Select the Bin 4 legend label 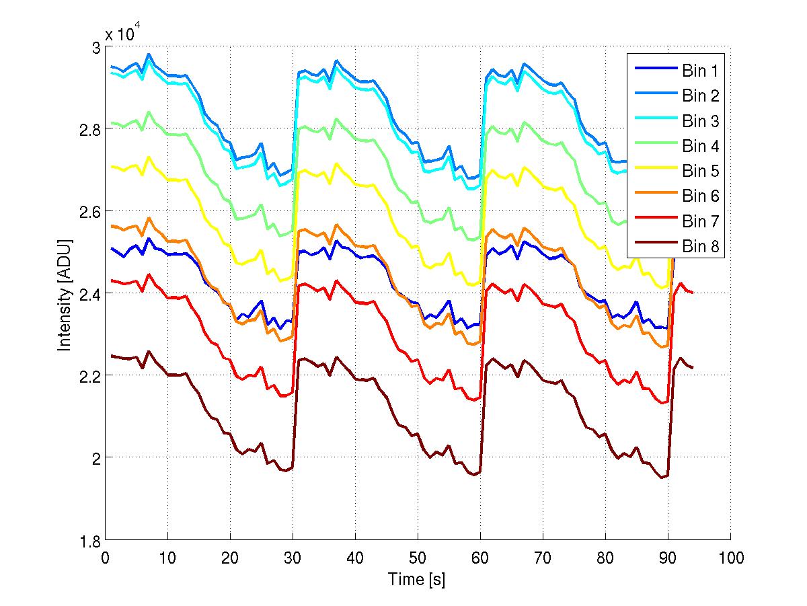click(x=700, y=146)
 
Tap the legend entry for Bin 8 click(x=700, y=247)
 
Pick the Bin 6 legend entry click(x=700, y=196)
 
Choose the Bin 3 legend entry click(x=700, y=121)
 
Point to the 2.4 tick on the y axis click(x=89, y=293)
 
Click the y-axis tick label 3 click(x=95, y=48)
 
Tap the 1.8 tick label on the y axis click(x=89, y=540)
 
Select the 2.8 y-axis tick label click(x=89, y=129)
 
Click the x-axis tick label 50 click(x=418, y=557)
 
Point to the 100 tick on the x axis click(x=730, y=557)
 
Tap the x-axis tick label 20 click(x=230, y=557)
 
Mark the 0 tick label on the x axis click(x=105, y=557)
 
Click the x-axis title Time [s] click(x=416, y=579)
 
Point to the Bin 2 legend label click(x=700, y=96)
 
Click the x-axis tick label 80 click(x=605, y=557)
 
